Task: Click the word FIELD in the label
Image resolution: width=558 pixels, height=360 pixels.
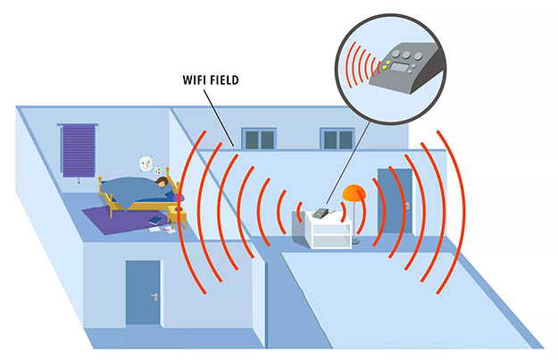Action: (x=222, y=80)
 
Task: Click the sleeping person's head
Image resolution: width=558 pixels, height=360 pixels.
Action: (x=163, y=184)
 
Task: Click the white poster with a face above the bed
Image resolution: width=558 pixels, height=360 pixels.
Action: (x=146, y=163)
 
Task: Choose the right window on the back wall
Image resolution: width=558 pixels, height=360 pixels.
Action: (x=337, y=139)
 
